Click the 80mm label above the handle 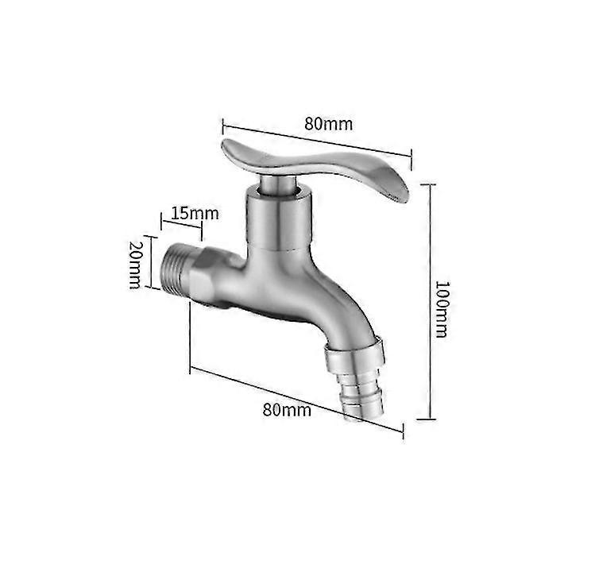click(328, 124)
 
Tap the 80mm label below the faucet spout click(287, 410)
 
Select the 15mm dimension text click(194, 213)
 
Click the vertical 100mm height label click(441, 307)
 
